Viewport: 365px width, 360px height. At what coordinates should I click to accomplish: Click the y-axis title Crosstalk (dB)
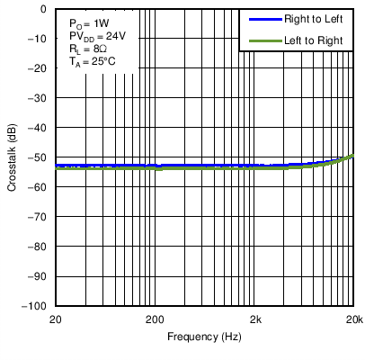(x=12, y=157)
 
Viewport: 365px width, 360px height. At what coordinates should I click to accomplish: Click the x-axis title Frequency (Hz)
(x=205, y=337)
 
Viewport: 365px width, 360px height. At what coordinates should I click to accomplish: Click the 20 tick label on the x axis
(x=56, y=319)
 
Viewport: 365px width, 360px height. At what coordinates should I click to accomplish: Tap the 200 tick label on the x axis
(x=155, y=319)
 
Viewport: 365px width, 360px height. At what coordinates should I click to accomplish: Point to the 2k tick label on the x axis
(x=256, y=319)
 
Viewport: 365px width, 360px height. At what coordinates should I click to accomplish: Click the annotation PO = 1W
(x=88, y=21)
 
